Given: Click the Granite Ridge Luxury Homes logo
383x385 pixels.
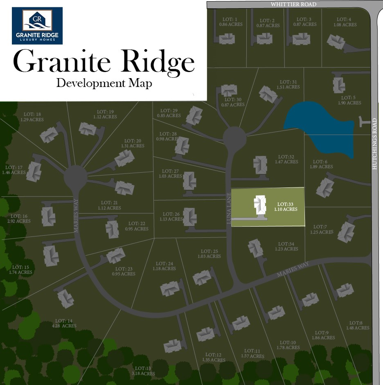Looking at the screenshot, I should [37, 26].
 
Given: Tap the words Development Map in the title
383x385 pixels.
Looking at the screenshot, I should [104, 83].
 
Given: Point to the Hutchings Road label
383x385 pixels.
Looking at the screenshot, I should [374, 144].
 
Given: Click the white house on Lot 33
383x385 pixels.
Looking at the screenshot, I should [258, 205].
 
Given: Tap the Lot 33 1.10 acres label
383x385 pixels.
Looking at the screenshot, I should [286, 206].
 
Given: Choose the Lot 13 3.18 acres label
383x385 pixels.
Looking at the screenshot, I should [144, 371].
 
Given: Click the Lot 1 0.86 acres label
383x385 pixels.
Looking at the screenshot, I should [231, 22].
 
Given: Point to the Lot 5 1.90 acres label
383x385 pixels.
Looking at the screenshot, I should [349, 100].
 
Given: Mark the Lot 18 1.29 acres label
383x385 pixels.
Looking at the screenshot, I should [32, 117].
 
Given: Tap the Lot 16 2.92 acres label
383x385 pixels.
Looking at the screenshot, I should [19, 218].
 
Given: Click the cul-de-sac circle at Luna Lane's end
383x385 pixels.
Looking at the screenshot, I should [234, 138].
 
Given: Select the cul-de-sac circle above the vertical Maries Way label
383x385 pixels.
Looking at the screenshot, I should [76, 178].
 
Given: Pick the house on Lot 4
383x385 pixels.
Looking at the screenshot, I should [336, 41].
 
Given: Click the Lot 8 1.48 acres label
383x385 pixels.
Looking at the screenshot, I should [358, 325].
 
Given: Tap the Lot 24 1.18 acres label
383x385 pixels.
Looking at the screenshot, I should [164, 266].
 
